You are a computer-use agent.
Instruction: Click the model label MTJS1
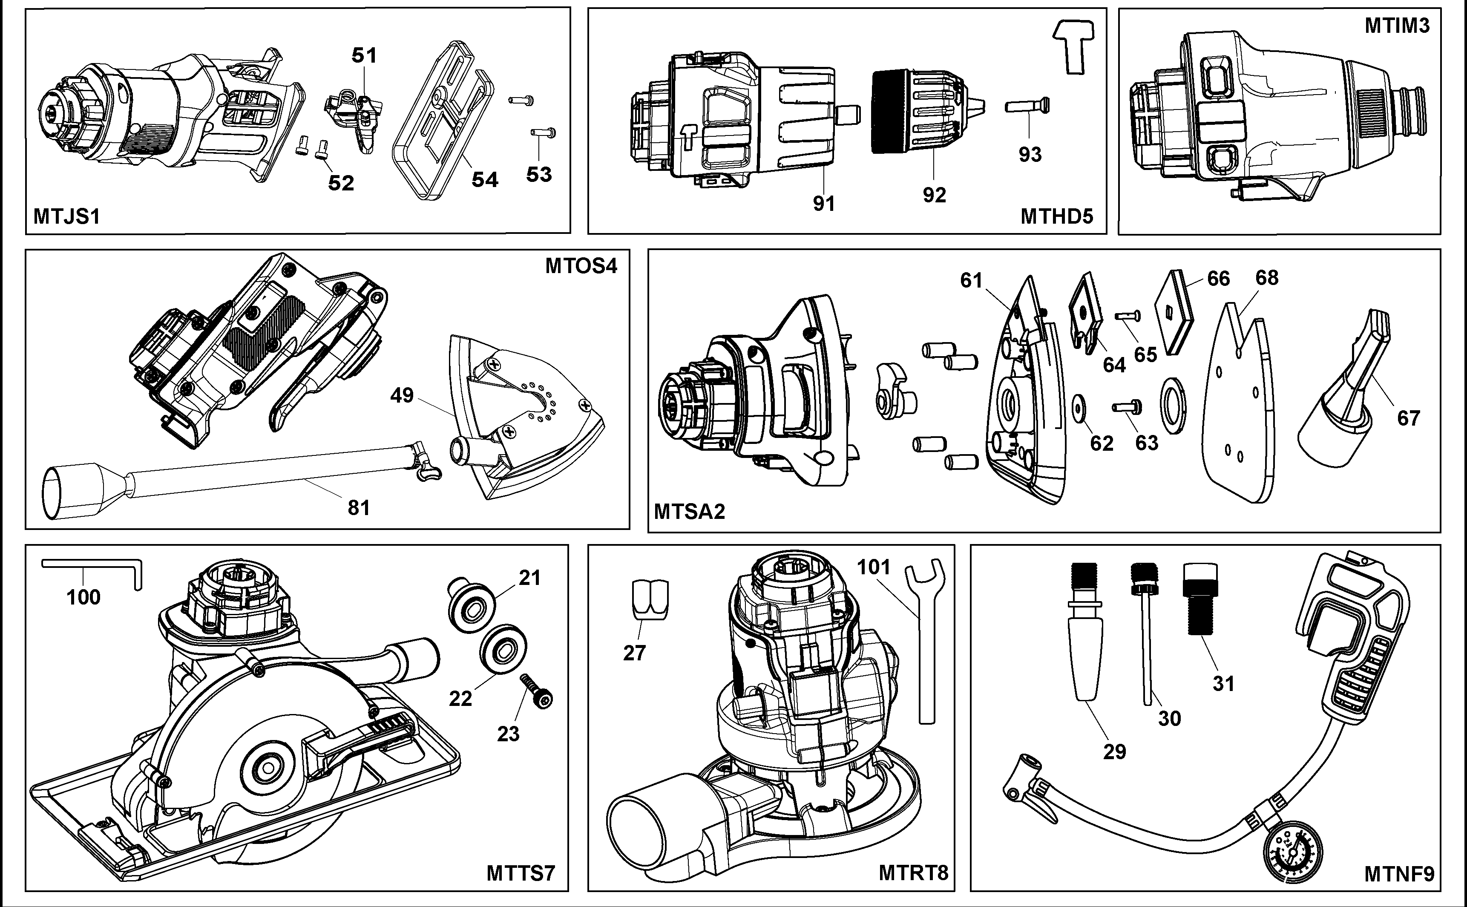(x=66, y=216)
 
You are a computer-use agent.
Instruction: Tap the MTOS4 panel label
(x=581, y=266)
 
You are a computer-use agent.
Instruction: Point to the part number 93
(x=1030, y=155)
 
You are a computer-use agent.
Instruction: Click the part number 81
(x=359, y=507)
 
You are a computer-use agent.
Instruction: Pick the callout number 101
(x=873, y=567)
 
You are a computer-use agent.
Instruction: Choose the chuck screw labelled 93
(x=1027, y=106)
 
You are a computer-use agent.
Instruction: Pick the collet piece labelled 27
(x=650, y=600)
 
